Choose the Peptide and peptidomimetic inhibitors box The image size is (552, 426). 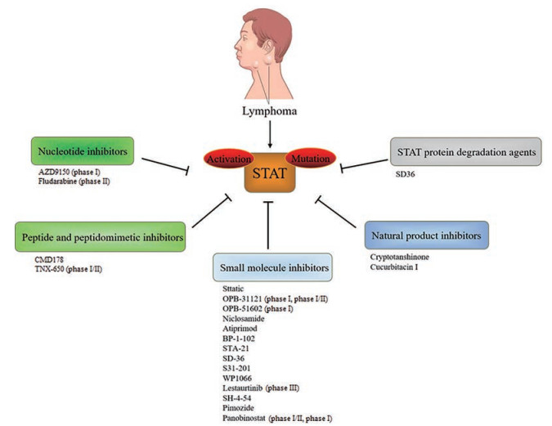tap(100, 237)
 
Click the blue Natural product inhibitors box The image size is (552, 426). tap(425, 235)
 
